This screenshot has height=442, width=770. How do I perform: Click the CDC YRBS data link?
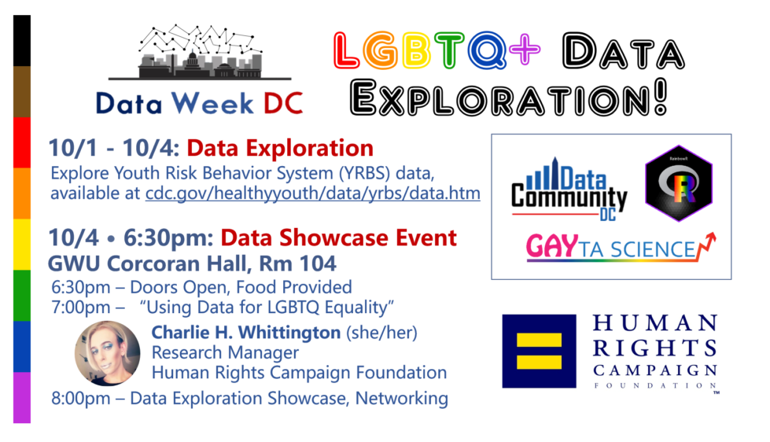(313, 193)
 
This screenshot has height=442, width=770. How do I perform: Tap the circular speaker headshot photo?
(108, 353)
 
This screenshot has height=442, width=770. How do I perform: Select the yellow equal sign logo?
(540, 351)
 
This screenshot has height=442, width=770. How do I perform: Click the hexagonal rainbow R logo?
(679, 183)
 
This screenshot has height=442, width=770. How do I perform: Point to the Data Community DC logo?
(569, 190)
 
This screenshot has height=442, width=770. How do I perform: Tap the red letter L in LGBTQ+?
(347, 50)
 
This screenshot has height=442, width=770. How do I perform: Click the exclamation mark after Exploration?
(661, 97)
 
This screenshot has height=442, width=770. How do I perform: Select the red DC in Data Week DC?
(283, 104)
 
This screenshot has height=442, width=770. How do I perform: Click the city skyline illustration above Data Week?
(200, 53)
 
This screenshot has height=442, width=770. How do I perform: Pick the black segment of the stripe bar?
(22, 41)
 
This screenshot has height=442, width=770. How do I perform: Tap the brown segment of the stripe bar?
(22, 92)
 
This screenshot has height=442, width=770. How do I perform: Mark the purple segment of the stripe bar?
(22, 397)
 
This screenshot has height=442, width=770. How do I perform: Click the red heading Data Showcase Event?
(339, 238)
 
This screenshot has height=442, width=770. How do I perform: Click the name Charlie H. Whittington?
(246, 333)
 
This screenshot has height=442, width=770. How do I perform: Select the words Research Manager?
(225, 352)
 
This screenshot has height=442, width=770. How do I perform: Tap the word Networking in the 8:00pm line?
(402, 398)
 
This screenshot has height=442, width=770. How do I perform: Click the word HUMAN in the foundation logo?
(655, 323)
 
